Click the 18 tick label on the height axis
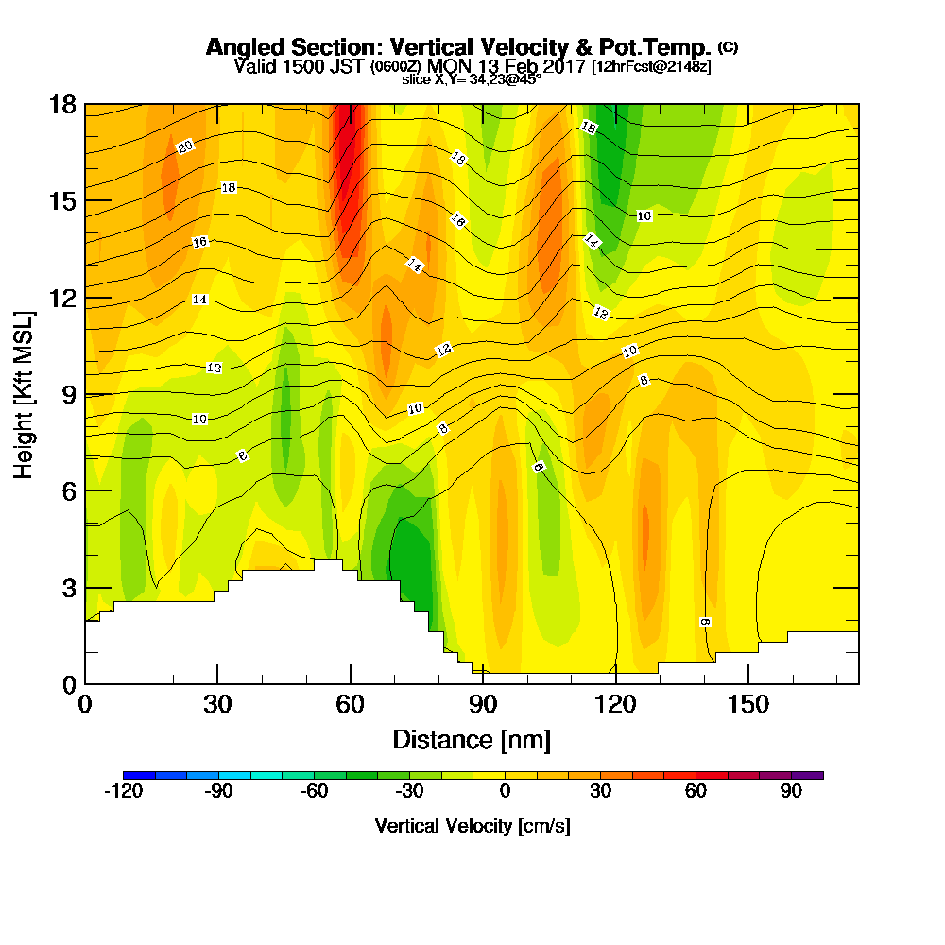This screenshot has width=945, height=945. coord(63,104)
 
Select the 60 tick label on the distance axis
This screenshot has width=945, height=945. coord(351,704)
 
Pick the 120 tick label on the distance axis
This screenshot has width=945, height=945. coord(615,704)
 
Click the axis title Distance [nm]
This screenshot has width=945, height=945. coord(472,739)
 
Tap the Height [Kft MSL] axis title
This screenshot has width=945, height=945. coord(25,393)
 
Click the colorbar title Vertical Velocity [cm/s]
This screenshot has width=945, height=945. coord(472,826)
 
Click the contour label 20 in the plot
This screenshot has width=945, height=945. coord(185,147)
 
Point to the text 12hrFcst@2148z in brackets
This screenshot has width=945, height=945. coord(651,67)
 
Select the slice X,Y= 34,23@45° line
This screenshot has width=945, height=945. coord(472,79)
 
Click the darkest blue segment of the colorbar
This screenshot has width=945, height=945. coord(139,775)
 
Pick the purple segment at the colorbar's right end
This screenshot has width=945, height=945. coord(808,775)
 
